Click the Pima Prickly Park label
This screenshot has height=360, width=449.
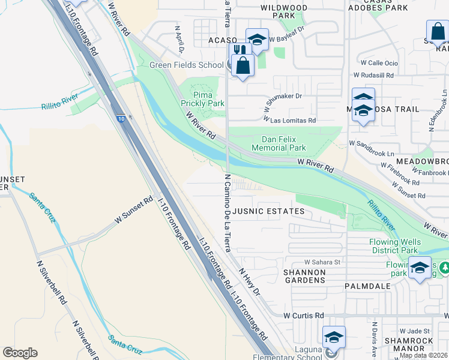click(x=208, y=99)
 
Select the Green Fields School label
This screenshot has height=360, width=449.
click(x=186, y=65)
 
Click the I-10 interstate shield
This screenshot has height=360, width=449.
click(x=121, y=119)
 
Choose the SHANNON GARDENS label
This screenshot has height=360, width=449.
click(x=304, y=276)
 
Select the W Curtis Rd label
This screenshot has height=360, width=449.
click(x=304, y=315)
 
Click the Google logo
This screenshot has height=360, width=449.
click(x=20, y=353)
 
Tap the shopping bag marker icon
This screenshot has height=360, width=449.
click(x=243, y=65)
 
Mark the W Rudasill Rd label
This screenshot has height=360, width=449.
click(x=373, y=76)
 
